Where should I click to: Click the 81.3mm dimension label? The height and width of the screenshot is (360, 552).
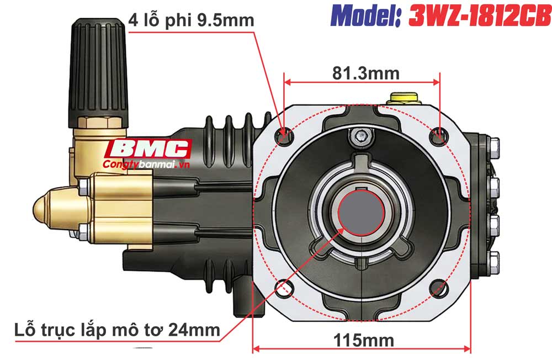pos(361,73)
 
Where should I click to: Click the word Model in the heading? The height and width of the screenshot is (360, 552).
pos(368,17)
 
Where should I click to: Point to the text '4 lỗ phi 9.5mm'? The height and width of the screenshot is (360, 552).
pos(191,21)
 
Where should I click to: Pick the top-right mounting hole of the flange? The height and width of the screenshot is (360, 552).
pos(439,133)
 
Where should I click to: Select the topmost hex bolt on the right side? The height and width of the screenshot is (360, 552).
pos(493,146)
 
